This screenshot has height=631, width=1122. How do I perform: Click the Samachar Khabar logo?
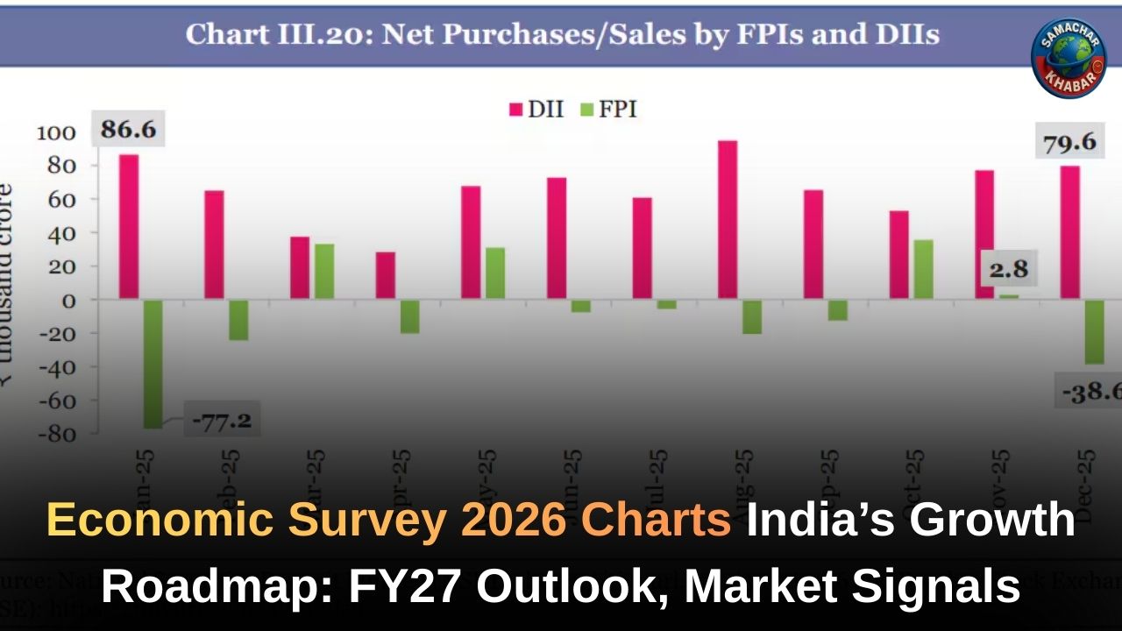1069,57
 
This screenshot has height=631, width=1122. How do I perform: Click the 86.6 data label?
128,130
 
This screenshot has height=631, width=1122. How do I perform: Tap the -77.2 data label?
222,422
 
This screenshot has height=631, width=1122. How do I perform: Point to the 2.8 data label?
1008,269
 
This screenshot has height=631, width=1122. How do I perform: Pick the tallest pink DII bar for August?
728,219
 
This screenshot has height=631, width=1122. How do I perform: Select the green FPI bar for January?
153,363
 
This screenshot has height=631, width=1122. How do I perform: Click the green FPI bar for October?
923,269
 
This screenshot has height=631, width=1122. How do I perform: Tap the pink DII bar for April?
386,275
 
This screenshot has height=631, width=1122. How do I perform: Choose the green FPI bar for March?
324,271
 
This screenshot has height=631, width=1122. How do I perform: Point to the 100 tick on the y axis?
56,133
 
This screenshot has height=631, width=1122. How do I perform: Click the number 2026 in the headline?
507,521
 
